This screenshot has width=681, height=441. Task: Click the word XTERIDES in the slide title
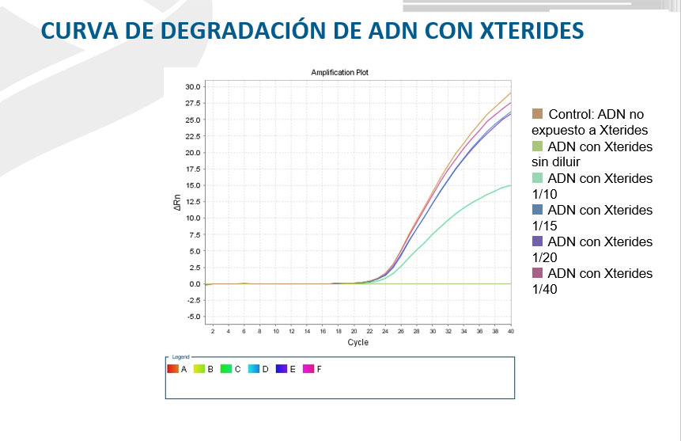[532, 30]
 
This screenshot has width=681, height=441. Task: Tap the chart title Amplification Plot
[340, 72]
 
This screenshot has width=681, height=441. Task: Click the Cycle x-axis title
[358, 343]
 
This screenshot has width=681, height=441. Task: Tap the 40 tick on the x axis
[511, 331]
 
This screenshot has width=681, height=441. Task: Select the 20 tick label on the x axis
[354, 331]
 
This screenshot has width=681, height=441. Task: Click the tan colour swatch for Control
[537, 115]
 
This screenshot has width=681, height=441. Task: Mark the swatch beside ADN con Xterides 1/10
[537, 178]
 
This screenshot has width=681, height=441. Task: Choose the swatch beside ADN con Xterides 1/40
[537, 273]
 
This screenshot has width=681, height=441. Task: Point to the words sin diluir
[558, 162]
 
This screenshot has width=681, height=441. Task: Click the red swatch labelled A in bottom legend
[172, 369]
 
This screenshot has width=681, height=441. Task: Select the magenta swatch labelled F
[308, 369]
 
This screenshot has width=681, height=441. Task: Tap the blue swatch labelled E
[281, 369]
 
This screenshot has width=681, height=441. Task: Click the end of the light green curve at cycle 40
[511, 185]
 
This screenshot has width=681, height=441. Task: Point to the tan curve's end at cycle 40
[511, 93]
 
